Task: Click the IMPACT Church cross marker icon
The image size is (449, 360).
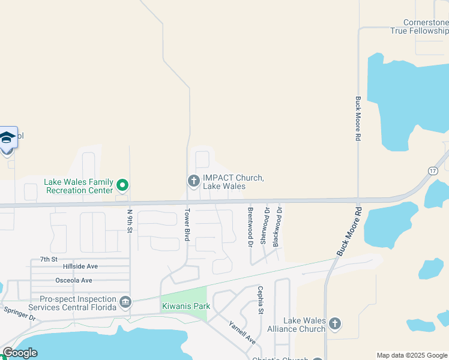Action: tap(193, 180)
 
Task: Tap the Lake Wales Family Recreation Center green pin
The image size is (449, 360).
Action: tap(122, 185)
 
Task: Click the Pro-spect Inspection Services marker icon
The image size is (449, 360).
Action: tap(125, 301)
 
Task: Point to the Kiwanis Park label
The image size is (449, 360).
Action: tap(186, 306)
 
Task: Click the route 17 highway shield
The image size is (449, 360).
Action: tap(433, 171)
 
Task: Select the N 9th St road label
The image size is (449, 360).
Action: tap(129, 221)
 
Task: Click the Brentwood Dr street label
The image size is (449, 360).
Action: tap(250, 227)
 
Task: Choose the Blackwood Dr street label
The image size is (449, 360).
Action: tap(277, 227)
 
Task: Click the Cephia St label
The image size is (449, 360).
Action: tap(261, 299)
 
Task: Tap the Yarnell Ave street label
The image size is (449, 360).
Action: tap(242, 332)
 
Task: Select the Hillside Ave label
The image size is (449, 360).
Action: tap(80, 266)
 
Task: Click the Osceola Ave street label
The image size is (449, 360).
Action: tap(74, 280)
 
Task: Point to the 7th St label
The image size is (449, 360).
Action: tap(49, 259)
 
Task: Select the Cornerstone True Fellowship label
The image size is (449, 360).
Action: tap(419, 26)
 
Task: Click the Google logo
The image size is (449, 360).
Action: tap(20, 353)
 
